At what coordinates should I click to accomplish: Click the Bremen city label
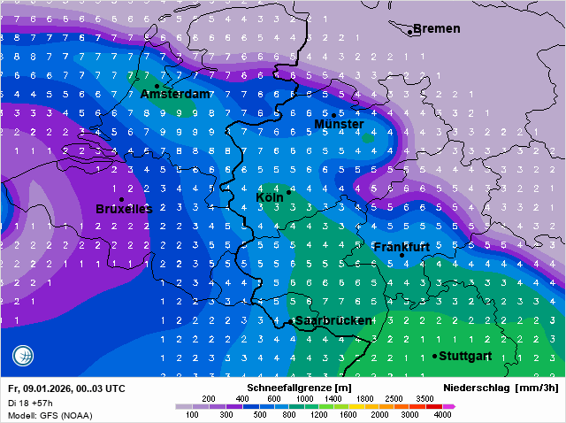pyautogui.click(x=437, y=28)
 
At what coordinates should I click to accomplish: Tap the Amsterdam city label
pyautogui.click(x=175, y=94)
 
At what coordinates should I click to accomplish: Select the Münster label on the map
pyautogui.click(x=339, y=125)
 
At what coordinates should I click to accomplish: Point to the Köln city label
pyautogui.click(x=270, y=197)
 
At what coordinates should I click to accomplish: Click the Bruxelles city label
pyautogui.click(x=124, y=209)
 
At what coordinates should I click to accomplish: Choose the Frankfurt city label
pyautogui.click(x=402, y=247)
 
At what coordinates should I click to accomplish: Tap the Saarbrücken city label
pyautogui.click(x=333, y=320)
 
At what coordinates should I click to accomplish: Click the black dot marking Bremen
pyautogui.click(x=410, y=32)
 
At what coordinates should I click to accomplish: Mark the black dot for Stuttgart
pyautogui.click(x=435, y=356)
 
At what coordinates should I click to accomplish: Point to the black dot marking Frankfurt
pyautogui.click(x=402, y=256)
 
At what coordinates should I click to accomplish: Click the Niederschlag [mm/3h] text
pyautogui.click(x=500, y=388)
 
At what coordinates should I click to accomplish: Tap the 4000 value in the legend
pyautogui.click(x=443, y=414)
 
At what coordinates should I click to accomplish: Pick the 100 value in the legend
pyautogui.click(x=192, y=414)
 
